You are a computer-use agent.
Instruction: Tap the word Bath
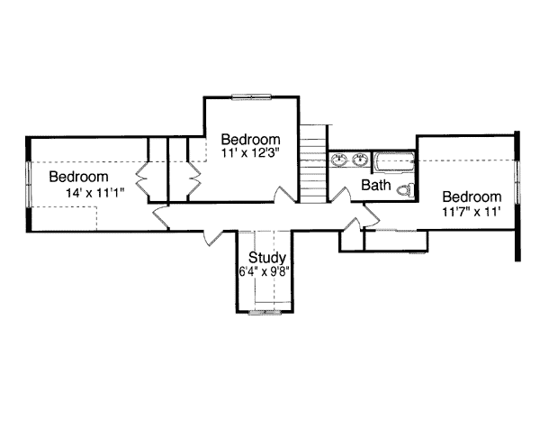click(x=375, y=186)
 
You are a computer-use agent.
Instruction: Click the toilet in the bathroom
click(x=407, y=189)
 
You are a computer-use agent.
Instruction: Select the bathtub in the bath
click(x=393, y=163)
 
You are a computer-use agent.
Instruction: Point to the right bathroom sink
click(x=360, y=161)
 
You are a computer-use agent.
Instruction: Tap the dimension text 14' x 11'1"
click(x=94, y=193)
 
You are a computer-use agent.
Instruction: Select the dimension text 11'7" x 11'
click(x=471, y=213)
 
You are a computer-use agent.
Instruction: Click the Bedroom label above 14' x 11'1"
click(x=79, y=177)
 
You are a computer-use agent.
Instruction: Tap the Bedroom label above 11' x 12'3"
click(x=251, y=140)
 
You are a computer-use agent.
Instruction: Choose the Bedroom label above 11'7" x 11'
click(x=472, y=197)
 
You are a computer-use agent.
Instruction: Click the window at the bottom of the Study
click(x=266, y=312)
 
